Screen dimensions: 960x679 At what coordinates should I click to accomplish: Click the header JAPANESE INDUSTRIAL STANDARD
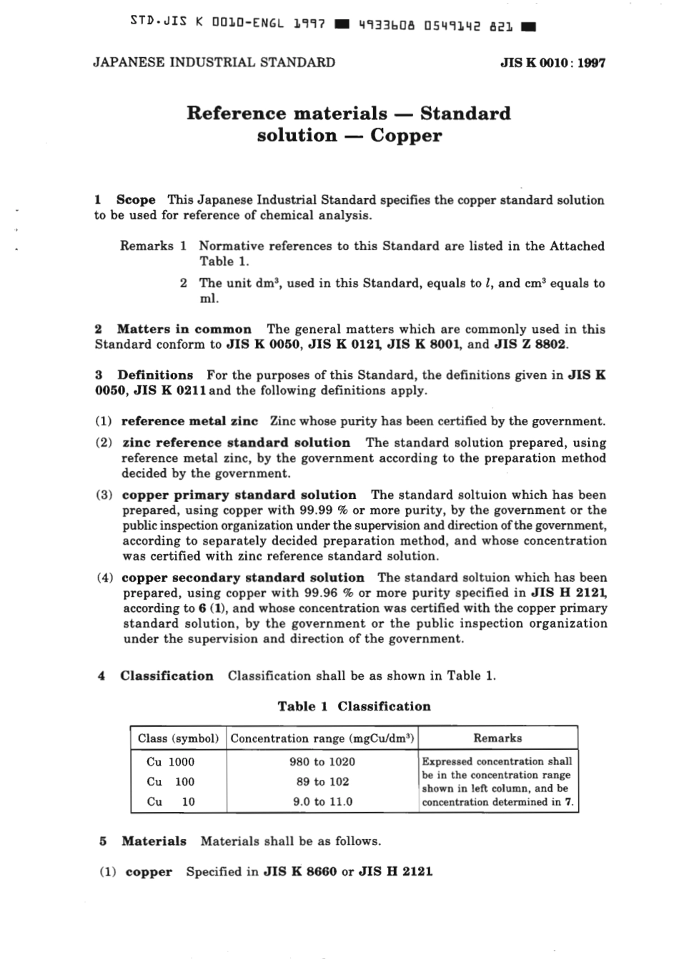click(x=214, y=62)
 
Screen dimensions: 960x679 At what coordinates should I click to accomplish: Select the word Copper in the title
click(x=406, y=136)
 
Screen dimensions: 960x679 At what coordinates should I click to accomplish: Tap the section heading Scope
click(x=136, y=200)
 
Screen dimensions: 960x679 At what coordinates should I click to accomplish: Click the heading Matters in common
click(x=184, y=330)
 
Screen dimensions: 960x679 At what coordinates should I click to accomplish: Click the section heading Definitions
click(x=155, y=375)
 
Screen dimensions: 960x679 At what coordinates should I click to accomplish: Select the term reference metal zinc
click(x=189, y=422)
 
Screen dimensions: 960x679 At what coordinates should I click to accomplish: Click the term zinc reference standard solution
click(x=236, y=443)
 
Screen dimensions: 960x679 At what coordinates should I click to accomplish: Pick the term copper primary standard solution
click(x=239, y=495)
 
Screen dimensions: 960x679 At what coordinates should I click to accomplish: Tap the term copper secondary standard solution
click(x=243, y=578)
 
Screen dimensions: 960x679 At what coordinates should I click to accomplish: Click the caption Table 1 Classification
click(x=354, y=707)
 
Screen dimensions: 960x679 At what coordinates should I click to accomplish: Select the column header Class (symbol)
click(x=178, y=738)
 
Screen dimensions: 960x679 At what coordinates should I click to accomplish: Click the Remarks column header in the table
click(x=497, y=738)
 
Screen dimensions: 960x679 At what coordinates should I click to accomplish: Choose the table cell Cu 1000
click(x=170, y=762)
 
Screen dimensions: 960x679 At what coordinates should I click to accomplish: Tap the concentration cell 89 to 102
click(x=322, y=782)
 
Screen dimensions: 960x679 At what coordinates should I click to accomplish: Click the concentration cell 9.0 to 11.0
click(x=322, y=802)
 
